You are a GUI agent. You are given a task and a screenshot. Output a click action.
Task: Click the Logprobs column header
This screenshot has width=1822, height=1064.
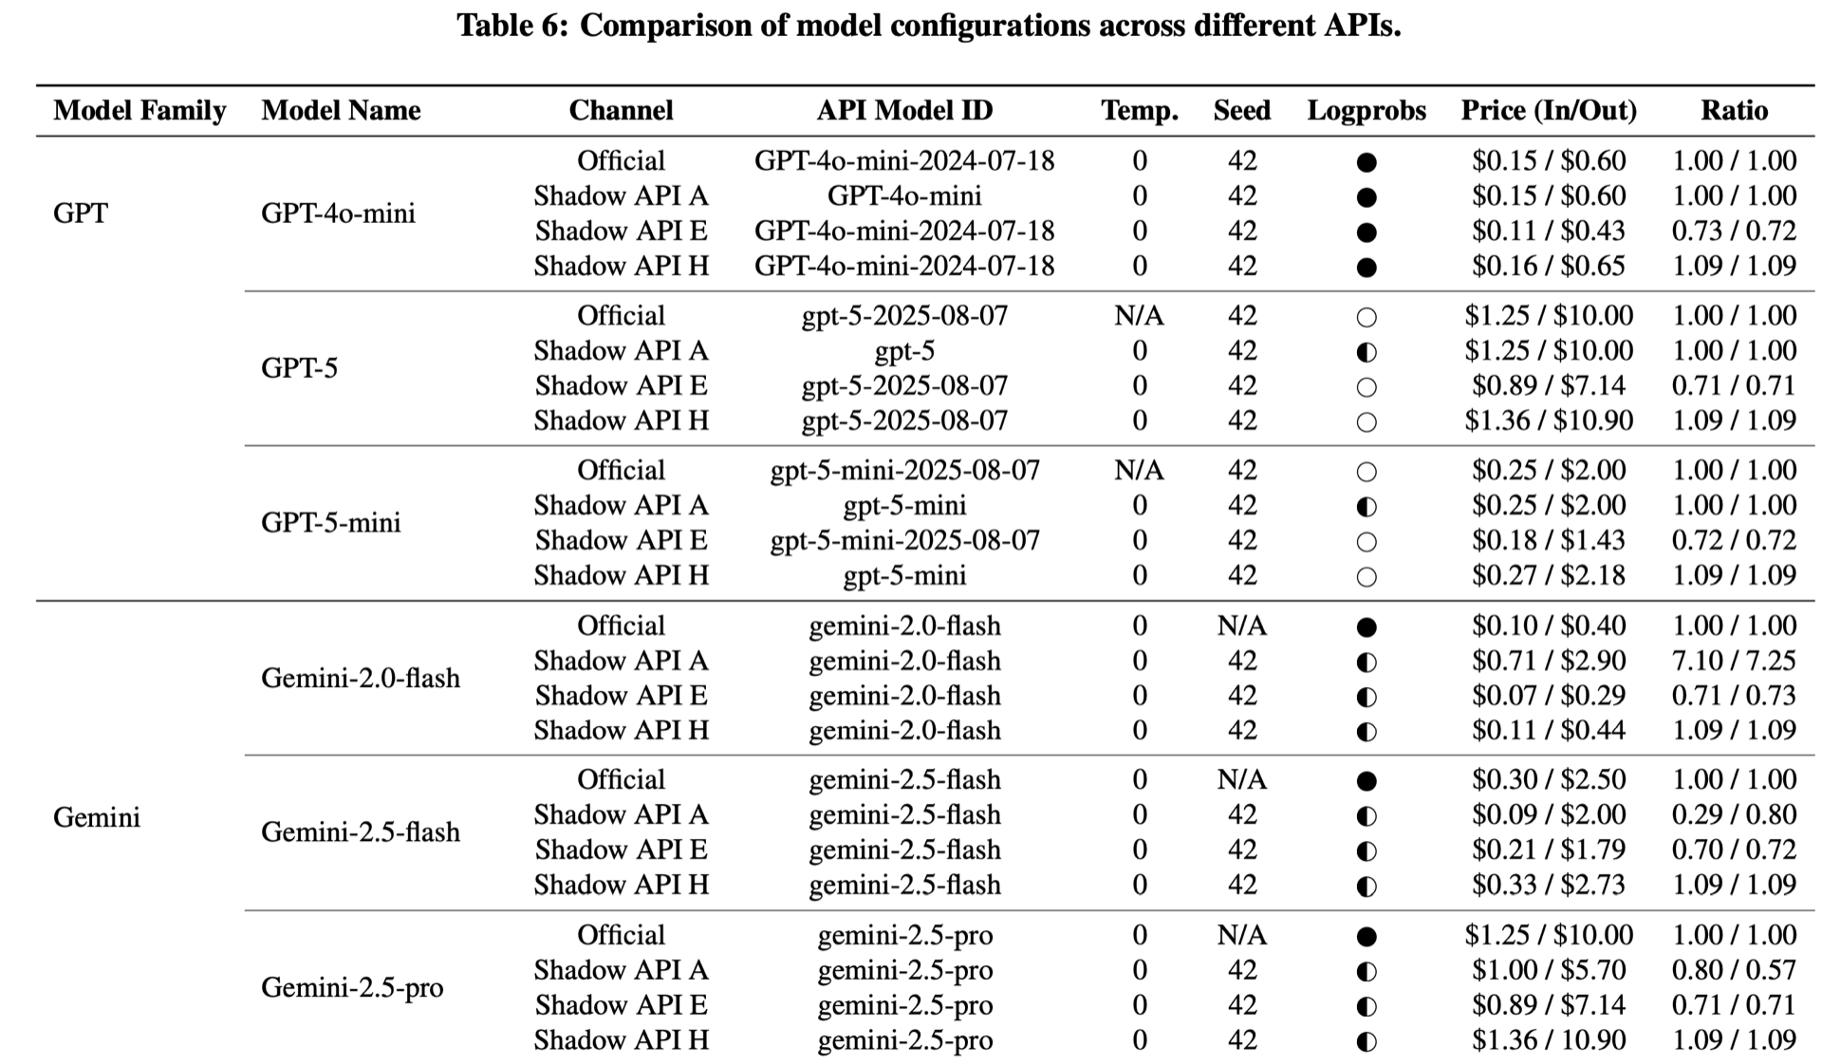[1366, 111]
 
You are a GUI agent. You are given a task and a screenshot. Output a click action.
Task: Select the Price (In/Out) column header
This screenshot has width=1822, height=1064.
[1548, 111]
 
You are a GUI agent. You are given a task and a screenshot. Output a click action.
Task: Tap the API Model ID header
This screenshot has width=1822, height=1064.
[904, 111]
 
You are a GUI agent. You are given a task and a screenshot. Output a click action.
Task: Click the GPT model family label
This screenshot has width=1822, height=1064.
[81, 213]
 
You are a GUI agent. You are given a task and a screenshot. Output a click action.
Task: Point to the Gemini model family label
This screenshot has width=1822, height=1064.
[97, 817]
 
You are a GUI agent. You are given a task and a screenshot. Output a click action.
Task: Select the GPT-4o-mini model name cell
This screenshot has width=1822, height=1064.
[338, 213]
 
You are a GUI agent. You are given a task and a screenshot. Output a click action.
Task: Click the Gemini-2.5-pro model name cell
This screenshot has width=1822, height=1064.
[352, 988]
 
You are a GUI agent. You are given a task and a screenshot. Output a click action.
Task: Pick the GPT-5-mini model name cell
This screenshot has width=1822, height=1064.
[330, 523]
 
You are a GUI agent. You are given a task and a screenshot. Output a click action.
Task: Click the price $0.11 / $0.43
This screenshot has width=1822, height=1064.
[1548, 232]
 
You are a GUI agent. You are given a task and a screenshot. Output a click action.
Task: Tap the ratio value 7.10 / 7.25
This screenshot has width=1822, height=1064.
[1734, 661]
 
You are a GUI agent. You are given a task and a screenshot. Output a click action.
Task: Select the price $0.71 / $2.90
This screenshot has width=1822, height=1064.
[1548, 661]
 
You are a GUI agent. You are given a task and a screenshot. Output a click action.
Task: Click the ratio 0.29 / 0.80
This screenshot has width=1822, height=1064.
[1734, 815]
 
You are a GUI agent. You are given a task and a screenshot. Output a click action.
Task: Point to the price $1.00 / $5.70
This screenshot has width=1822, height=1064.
[1548, 970]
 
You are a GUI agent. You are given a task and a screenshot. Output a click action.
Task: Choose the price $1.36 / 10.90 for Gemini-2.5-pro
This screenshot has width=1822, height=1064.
[1548, 1040]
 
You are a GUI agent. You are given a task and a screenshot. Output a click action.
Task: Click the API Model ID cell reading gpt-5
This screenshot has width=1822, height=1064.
[904, 352]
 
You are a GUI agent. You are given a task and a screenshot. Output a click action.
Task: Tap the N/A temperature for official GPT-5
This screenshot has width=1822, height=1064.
[1139, 316]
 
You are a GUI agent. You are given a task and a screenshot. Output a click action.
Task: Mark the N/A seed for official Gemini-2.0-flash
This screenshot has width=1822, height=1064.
[1241, 626]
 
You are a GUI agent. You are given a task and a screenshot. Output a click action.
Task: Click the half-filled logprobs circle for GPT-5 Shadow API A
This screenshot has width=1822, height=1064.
[1366, 353]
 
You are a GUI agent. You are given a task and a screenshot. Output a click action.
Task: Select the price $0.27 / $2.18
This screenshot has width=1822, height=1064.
[1548, 575]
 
